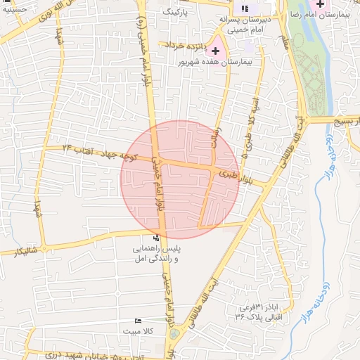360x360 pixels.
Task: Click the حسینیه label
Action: pos(13,8)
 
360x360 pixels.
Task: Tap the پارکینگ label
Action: pos(176,12)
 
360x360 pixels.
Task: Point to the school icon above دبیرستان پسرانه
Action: pos(245,8)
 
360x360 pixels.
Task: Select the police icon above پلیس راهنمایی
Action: pos(156,238)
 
